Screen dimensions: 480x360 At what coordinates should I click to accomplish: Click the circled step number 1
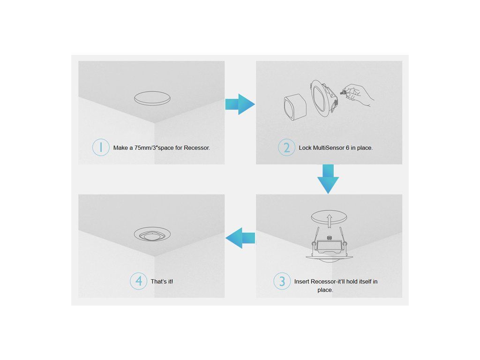(101, 147)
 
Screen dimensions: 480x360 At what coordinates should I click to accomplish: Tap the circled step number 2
(286, 147)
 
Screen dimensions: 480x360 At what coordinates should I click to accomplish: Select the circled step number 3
(282, 281)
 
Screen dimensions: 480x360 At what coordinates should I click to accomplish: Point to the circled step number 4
(139, 281)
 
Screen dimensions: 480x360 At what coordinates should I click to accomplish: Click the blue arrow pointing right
(240, 104)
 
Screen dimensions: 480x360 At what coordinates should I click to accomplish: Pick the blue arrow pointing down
(328, 179)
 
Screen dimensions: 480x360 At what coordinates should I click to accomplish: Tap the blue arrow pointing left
(240, 238)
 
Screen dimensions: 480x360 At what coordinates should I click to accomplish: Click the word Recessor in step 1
(197, 148)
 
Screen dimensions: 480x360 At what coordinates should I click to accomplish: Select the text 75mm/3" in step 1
(146, 148)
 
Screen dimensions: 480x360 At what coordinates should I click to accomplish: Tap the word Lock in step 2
(305, 148)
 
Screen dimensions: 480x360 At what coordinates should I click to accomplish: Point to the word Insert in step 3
(301, 281)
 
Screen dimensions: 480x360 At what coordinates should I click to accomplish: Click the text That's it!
(162, 281)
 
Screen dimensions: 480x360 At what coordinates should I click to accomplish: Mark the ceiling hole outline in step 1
(152, 98)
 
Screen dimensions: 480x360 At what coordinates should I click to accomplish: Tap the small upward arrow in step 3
(329, 221)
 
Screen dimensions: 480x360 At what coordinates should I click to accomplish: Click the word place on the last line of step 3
(325, 290)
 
